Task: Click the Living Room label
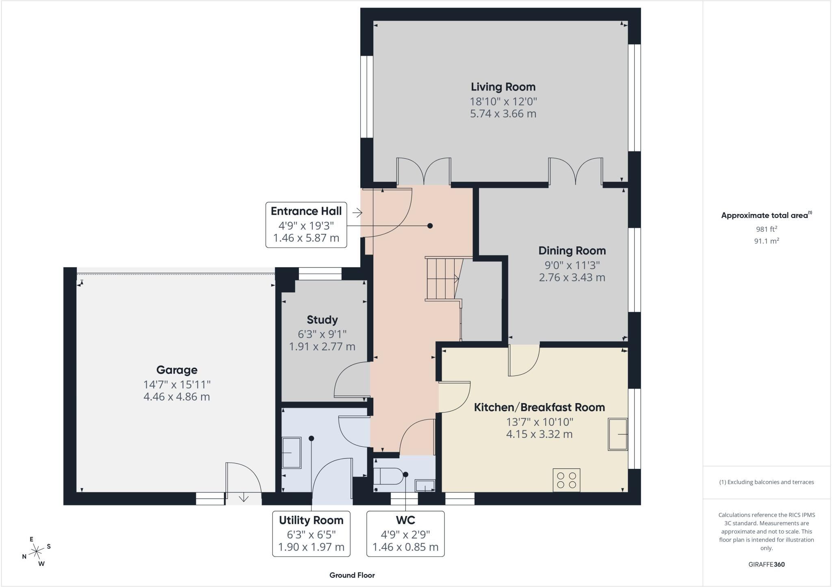point(503,87)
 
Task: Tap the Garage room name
point(177,370)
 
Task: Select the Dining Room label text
point(572,251)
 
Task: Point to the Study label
point(322,320)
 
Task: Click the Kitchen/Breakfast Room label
point(539,407)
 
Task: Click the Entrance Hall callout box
point(306,224)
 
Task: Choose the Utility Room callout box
point(311,533)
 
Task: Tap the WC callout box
point(405,533)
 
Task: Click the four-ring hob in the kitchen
point(567,480)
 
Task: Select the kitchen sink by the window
point(618,434)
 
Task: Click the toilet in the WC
point(388,475)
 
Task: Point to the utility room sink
point(291,453)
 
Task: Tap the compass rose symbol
point(37,551)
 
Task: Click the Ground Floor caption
point(352,575)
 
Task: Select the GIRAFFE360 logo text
point(767,564)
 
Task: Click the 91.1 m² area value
point(767,241)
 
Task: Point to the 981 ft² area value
point(767,229)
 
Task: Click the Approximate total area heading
point(766,215)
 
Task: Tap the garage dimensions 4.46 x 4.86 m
point(177,397)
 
